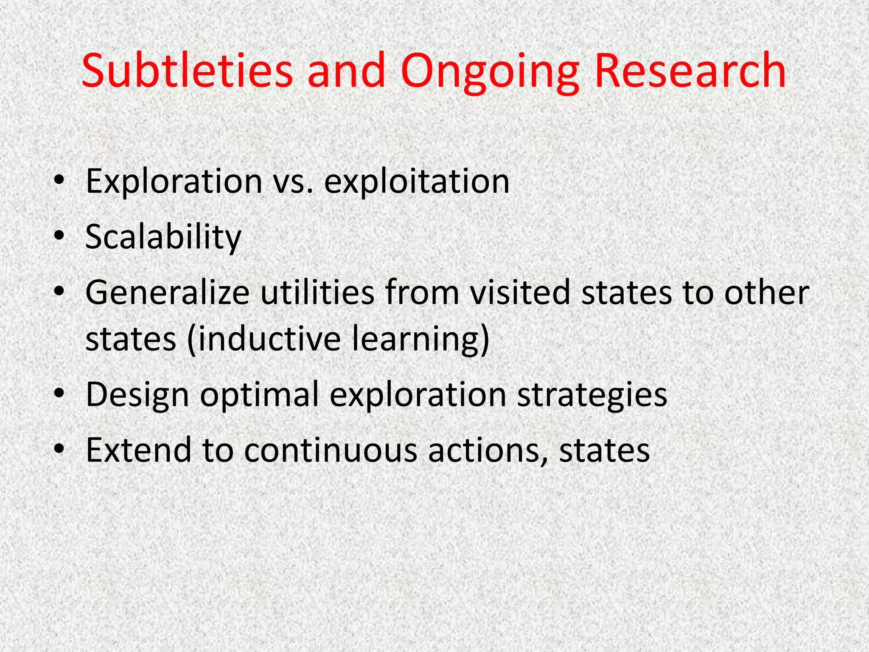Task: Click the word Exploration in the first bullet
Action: tap(174, 182)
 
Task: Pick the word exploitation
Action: tap(417, 182)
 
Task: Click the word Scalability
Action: tap(163, 238)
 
